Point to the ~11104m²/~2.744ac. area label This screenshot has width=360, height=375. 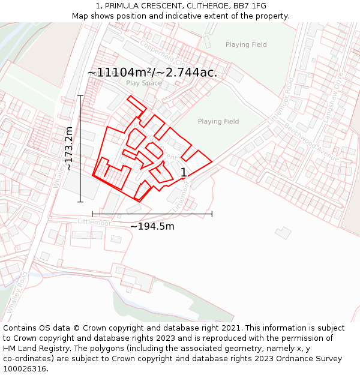[x=152, y=73]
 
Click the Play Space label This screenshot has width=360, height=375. [x=144, y=83]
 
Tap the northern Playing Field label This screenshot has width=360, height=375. [x=246, y=45]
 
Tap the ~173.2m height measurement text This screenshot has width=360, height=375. [x=70, y=149]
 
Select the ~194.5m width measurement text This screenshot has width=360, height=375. [x=152, y=226]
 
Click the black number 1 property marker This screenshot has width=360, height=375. [x=184, y=173]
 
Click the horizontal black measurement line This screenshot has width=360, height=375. [x=152, y=214]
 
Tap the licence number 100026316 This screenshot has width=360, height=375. [x=26, y=369]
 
